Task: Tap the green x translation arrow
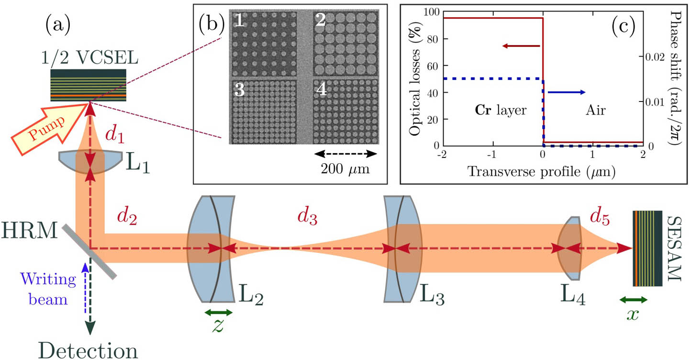pyautogui.click(x=633, y=300)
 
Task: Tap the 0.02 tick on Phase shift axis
pyautogui.click(x=653, y=56)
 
